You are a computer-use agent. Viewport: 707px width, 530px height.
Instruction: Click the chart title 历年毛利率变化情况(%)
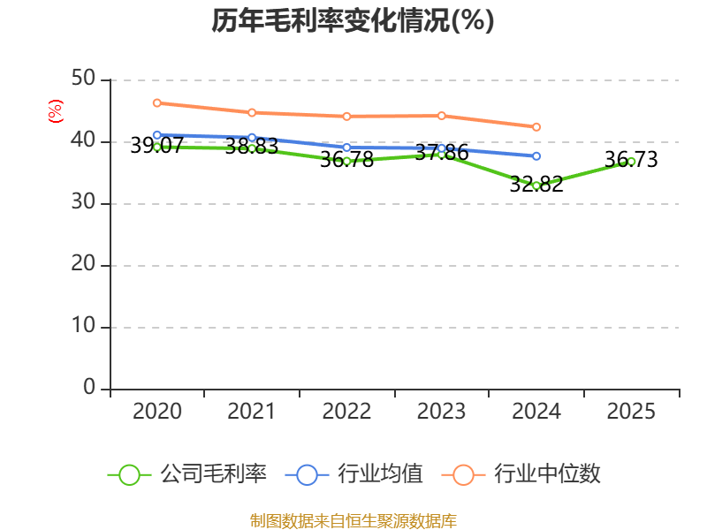point(353,21)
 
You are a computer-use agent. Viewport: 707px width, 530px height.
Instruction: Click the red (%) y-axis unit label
point(55,112)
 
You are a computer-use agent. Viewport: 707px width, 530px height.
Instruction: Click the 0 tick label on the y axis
point(89,388)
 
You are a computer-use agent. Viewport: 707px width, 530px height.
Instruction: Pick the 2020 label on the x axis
point(156,412)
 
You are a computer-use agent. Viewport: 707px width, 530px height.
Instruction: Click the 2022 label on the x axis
point(346,412)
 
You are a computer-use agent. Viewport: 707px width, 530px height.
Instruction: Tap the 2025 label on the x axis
point(631,412)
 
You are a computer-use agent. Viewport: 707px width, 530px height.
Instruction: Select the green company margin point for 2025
point(631,161)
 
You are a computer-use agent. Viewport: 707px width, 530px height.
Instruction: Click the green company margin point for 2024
point(536,185)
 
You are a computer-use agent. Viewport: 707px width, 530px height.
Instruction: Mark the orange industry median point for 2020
point(156,103)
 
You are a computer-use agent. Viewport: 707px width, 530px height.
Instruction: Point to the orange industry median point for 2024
point(536,127)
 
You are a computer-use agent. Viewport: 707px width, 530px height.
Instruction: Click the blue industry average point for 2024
point(536,156)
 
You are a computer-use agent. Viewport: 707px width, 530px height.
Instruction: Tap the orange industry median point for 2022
point(346,116)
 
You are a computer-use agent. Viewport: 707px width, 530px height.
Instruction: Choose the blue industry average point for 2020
point(156,135)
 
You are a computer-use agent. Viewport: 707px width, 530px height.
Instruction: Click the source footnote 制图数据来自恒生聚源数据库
point(353,520)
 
